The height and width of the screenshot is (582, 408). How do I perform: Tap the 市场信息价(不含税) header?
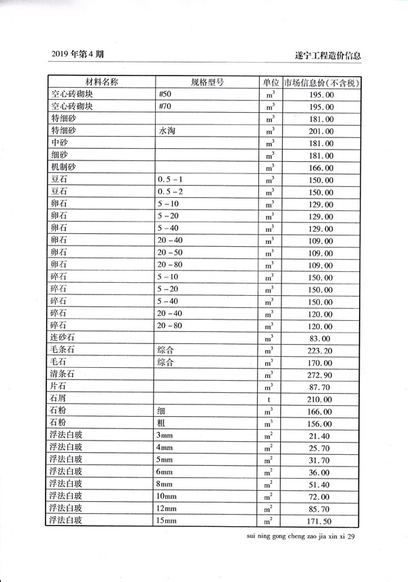pos(322,83)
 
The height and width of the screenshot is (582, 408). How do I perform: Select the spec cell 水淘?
pos(168,131)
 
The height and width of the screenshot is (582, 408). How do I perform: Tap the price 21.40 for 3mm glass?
pos(321,436)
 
